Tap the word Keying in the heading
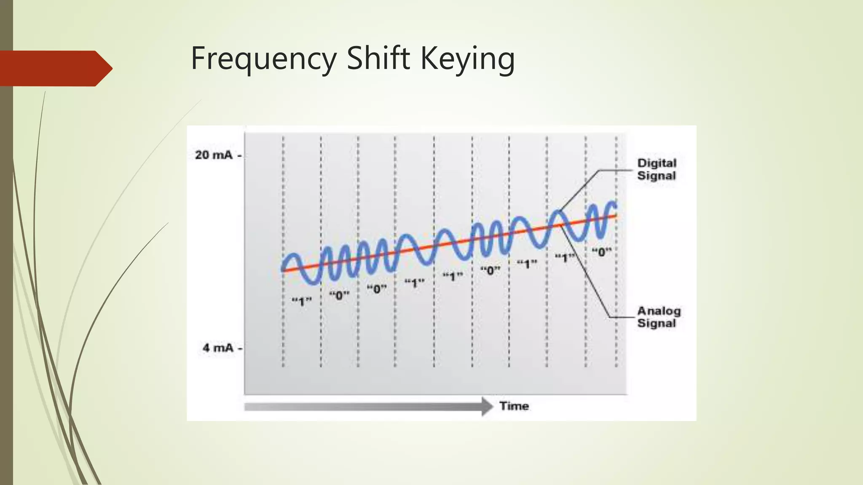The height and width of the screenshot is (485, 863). tap(468, 59)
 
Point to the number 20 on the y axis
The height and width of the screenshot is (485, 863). tap(202, 155)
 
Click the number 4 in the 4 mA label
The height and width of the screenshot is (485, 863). tap(206, 348)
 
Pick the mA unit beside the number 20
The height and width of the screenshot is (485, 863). tap(222, 155)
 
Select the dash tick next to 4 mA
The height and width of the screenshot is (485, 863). tap(240, 348)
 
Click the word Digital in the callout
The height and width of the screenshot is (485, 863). tap(657, 163)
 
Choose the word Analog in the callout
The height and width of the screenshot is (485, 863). tap(659, 311)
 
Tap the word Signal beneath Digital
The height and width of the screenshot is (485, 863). tap(656, 176)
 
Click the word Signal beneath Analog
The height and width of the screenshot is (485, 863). tap(656, 323)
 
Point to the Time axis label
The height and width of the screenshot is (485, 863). tap(514, 406)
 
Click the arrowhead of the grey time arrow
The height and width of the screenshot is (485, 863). tap(488, 406)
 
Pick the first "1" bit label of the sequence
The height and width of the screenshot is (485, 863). tap(302, 301)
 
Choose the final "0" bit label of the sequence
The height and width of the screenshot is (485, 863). tap(601, 252)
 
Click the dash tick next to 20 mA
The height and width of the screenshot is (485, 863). tap(240, 155)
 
